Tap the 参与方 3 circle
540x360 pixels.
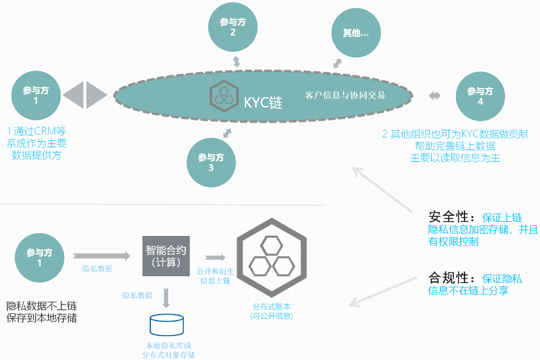pyautogui.click(x=211, y=162)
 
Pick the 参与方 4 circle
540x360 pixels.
pyautogui.click(x=480, y=96)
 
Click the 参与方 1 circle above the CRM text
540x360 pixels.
pyautogui.click(x=36, y=96)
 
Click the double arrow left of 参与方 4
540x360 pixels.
pyautogui.click(x=435, y=96)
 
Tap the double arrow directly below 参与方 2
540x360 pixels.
pyautogui.click(x=237, y=61)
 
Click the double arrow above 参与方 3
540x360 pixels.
pyautogui.click(x=227, y=133)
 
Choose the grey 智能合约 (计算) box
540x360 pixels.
pyautogui.click(x=166, y=256)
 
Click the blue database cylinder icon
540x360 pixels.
pyautogui.click(x=167, y=324)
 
